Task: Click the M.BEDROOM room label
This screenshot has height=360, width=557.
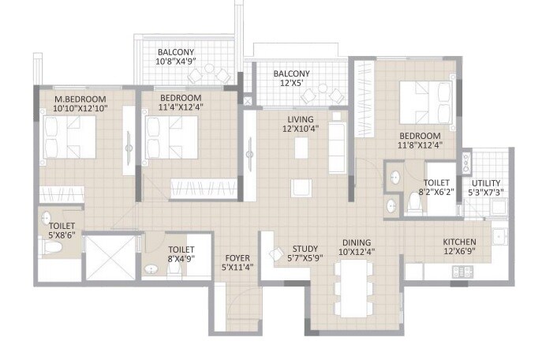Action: tap(73, 98)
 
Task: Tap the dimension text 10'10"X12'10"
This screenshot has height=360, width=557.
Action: tap(80, 107)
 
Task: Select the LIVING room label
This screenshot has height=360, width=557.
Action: tap(301, 118)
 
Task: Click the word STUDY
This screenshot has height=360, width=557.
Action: tap(305, 248)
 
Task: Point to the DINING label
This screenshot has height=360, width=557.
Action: tap(357, 242)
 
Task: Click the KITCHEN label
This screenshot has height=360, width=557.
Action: tap(458, 242)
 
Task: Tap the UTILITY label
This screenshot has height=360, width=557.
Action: tap(487, 182)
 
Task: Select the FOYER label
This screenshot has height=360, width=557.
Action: tap(237, 257)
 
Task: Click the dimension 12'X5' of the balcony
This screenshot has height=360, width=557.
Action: tap(292, 84)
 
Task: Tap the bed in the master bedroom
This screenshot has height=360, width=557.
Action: tap(69, 139)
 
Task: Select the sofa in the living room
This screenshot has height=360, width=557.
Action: tap(337, 142)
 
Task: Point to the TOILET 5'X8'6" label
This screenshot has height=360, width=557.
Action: tap(50, 225)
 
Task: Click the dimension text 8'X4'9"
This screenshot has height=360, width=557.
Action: tap(176, 257)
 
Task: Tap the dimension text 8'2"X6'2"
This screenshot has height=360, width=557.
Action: tap(437, 191)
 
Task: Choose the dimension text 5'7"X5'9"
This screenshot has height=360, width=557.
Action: tap(305, 257)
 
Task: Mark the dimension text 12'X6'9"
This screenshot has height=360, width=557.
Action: tap(458, 252)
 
